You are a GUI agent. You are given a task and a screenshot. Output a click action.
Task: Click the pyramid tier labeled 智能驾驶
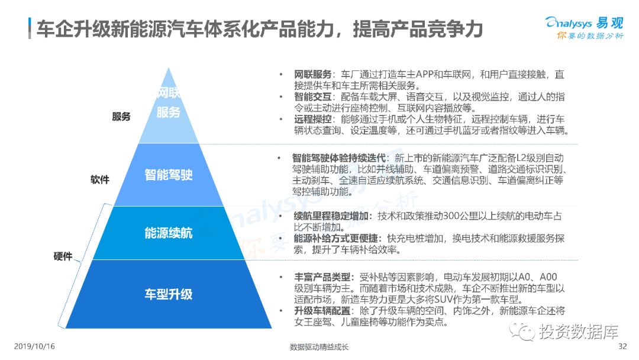[x=169, y=175]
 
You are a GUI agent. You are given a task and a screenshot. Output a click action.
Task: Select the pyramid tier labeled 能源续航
[x=169, y=233]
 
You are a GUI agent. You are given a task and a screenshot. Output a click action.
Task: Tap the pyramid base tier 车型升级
[x=169, y=294]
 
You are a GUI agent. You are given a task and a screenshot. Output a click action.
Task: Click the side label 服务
[x=121, y=117]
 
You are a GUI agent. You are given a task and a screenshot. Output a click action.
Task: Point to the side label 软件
[x=100, y=179]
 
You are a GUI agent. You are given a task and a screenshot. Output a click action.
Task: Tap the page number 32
[x=622, y=346]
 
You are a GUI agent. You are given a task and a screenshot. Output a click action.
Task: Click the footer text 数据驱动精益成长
[x=319, y=347]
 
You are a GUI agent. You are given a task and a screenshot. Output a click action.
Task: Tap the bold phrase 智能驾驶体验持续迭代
[x=339, y=158]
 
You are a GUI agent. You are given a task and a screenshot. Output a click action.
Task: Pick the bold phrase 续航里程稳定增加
[x=332, y=216]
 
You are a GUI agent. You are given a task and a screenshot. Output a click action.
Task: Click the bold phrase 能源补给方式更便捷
[x=337, y=238]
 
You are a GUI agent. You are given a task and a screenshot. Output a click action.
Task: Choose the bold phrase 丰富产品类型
[x=323, y=277]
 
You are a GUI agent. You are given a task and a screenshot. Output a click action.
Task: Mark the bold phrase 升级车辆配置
[x=323, y=311]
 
